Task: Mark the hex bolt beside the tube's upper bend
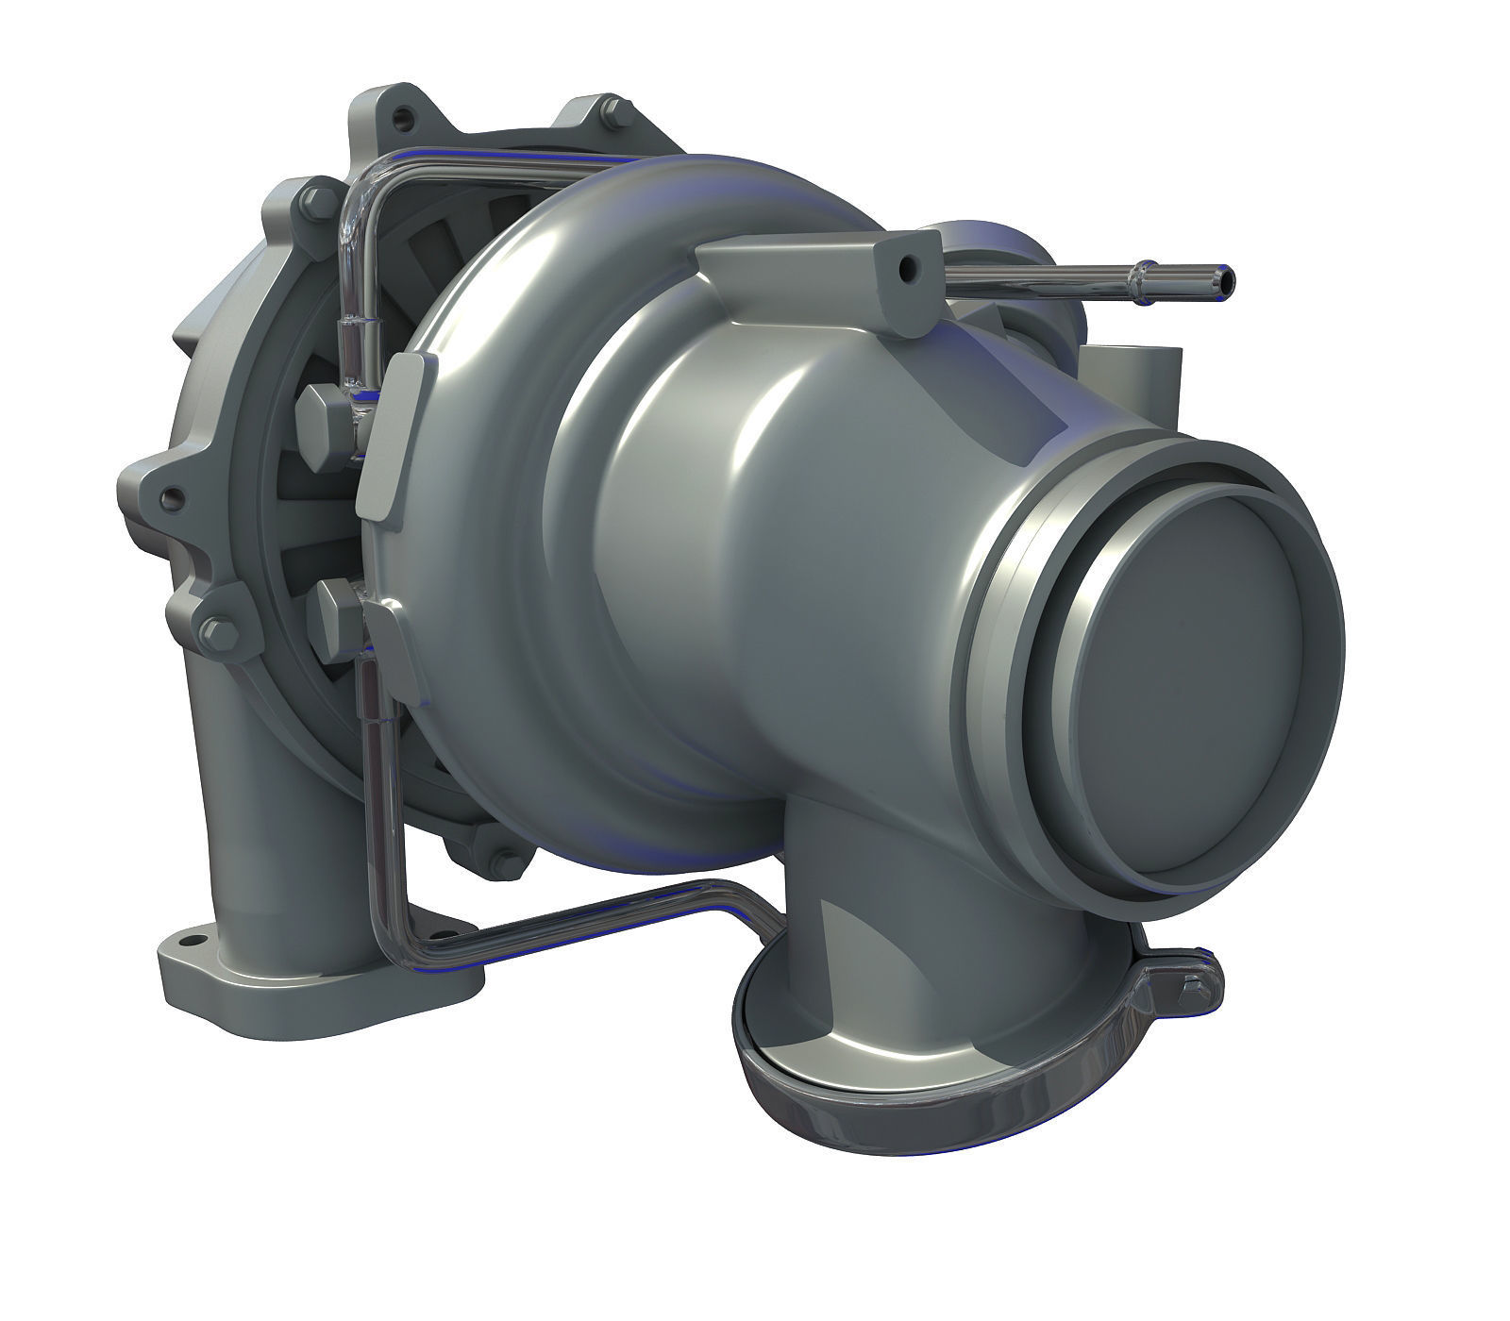tap(314, 202)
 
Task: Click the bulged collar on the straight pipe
tap(1145, 276)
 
